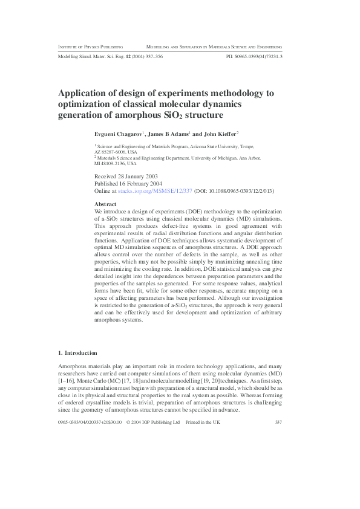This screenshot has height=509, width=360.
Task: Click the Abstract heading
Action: tap(106, 204)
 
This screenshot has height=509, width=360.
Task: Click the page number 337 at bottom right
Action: tap(278, 422)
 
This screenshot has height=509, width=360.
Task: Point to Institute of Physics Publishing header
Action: tap(91, 46)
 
